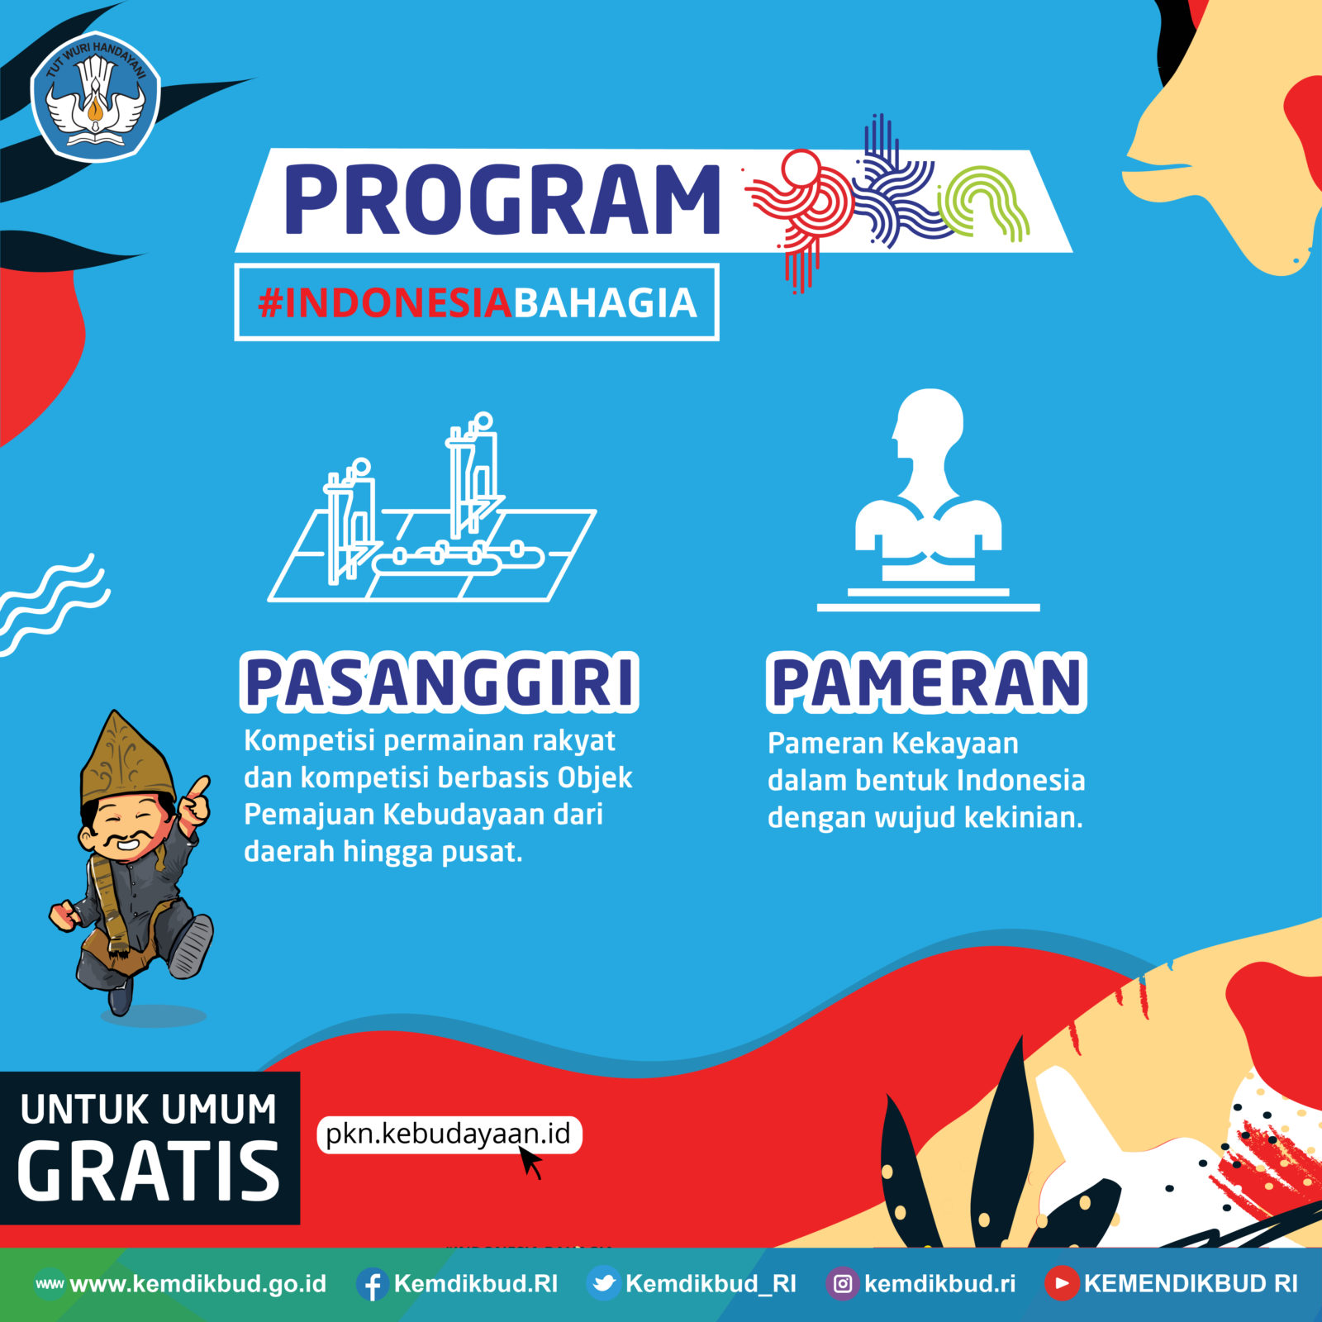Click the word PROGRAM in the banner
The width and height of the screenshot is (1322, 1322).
click(x=502, y=199)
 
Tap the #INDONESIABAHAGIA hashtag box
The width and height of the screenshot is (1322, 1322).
click(x=477, y=302)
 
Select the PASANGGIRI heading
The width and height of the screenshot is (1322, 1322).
click(x=440, y=682)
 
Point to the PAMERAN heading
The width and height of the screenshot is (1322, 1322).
click(x=926, y=682)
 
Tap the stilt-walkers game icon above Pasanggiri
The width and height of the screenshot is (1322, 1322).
click(x=432, y=507)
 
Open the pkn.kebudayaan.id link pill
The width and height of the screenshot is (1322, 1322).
click(x=449, y=1134)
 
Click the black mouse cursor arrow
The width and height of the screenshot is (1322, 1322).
click(x=530, y=1162)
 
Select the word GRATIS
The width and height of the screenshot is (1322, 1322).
click(x=150, y=1172)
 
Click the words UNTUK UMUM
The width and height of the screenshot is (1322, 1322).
click(x=149, y=1110)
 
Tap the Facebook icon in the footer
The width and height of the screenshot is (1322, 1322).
click(x=373, y=1284)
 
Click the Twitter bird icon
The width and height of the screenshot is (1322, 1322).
click(x=604, y=1284)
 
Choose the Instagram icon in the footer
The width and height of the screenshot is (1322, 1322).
click(x=843, y=1284)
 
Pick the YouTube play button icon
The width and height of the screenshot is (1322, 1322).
click(x=1062, y=1284)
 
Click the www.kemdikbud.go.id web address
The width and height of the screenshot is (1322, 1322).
click(x=198, y=1284)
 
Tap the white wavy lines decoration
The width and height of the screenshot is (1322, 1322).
click(x=51, y=603)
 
